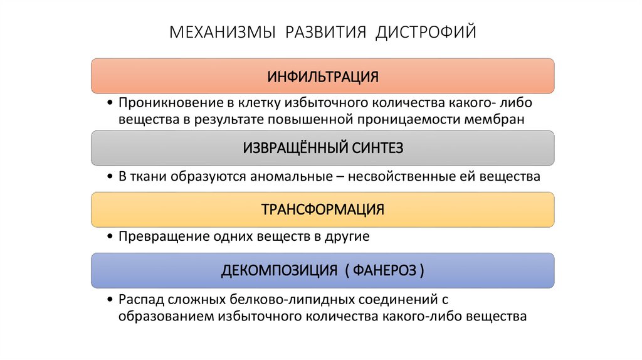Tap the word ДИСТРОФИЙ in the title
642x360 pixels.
[x=426, y=31]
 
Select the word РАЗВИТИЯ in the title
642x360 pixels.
[x=326, y=31]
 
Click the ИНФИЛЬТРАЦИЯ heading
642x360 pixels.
[x=323, y=77]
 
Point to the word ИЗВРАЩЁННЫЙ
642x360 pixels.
[x=286, y=148]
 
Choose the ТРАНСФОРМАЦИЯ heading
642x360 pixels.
[x=323, y=209]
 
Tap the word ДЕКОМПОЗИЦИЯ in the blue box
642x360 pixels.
[x=280, y=270]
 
